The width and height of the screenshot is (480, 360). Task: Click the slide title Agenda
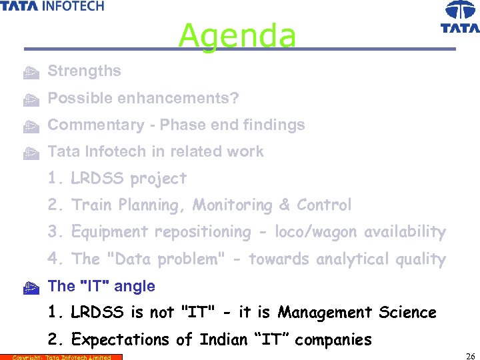tap(237, 35)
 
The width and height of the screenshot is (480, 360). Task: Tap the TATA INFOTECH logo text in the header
tap(53, 6)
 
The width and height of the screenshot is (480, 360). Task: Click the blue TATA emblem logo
tap(460, 17)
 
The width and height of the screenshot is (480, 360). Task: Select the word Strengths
tap(84, 71)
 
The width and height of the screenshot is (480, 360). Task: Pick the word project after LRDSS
tap(159, 179)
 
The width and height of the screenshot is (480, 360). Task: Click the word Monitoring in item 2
tap(233, 205)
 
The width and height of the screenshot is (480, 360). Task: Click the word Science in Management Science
tap(407, 313)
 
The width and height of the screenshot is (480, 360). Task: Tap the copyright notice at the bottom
tap(61, 357)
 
